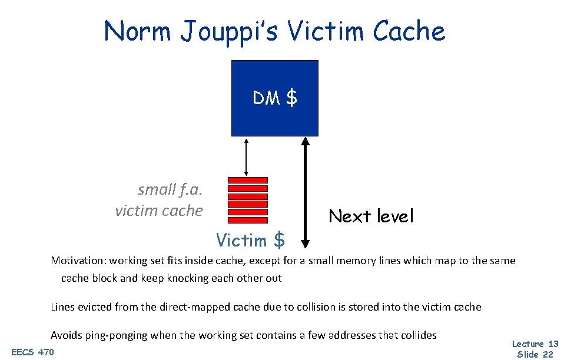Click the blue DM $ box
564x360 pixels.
point(274,98)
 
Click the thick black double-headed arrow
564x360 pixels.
point(305,191)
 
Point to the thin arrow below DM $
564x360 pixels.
point(246,156)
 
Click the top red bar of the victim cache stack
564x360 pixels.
point(247,180)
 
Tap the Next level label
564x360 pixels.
point(371,216)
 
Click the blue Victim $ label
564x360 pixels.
point(250,240)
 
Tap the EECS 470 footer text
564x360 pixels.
point(32,352)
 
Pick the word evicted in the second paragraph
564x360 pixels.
point(95,307)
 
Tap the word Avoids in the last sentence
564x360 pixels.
point(66,335)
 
